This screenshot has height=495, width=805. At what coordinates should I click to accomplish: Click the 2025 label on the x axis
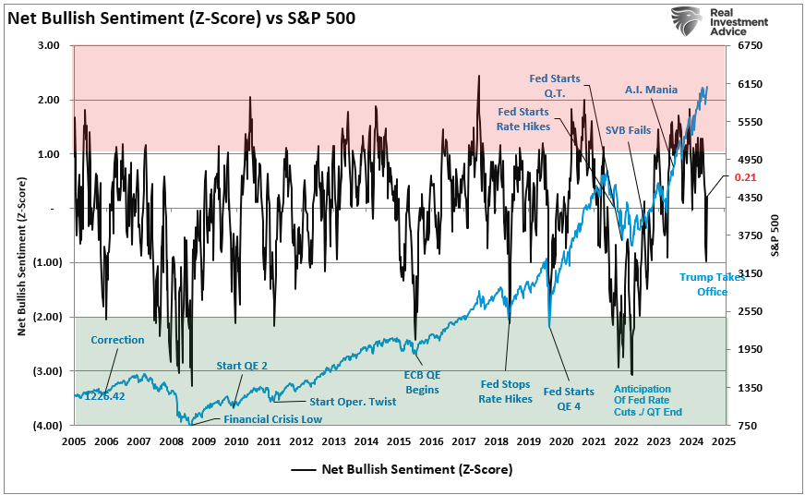pyautogui.click(x=723, y=441)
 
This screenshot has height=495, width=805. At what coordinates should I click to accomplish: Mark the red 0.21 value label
pyautogui.click(x=746, y=177)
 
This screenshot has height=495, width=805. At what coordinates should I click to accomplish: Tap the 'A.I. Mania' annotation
pyautogui.click(x=651, y=90)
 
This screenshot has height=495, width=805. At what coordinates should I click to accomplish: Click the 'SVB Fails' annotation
pyautogui.click(x=628, y=130)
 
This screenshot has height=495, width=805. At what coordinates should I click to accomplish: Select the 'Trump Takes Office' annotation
pyautogui.click(x=711, y=284)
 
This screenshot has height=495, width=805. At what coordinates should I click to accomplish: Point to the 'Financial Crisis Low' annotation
pyautogui.click(x=272, y=419)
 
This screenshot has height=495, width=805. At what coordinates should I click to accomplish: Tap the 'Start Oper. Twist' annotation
pyautogui.click(x=354, y=401)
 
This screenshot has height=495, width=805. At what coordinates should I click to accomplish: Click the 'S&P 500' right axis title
pyautogui.click(x=775, y=235)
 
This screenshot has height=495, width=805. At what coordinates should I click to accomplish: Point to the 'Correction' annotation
pyautogui.click(x=117, y=340)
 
